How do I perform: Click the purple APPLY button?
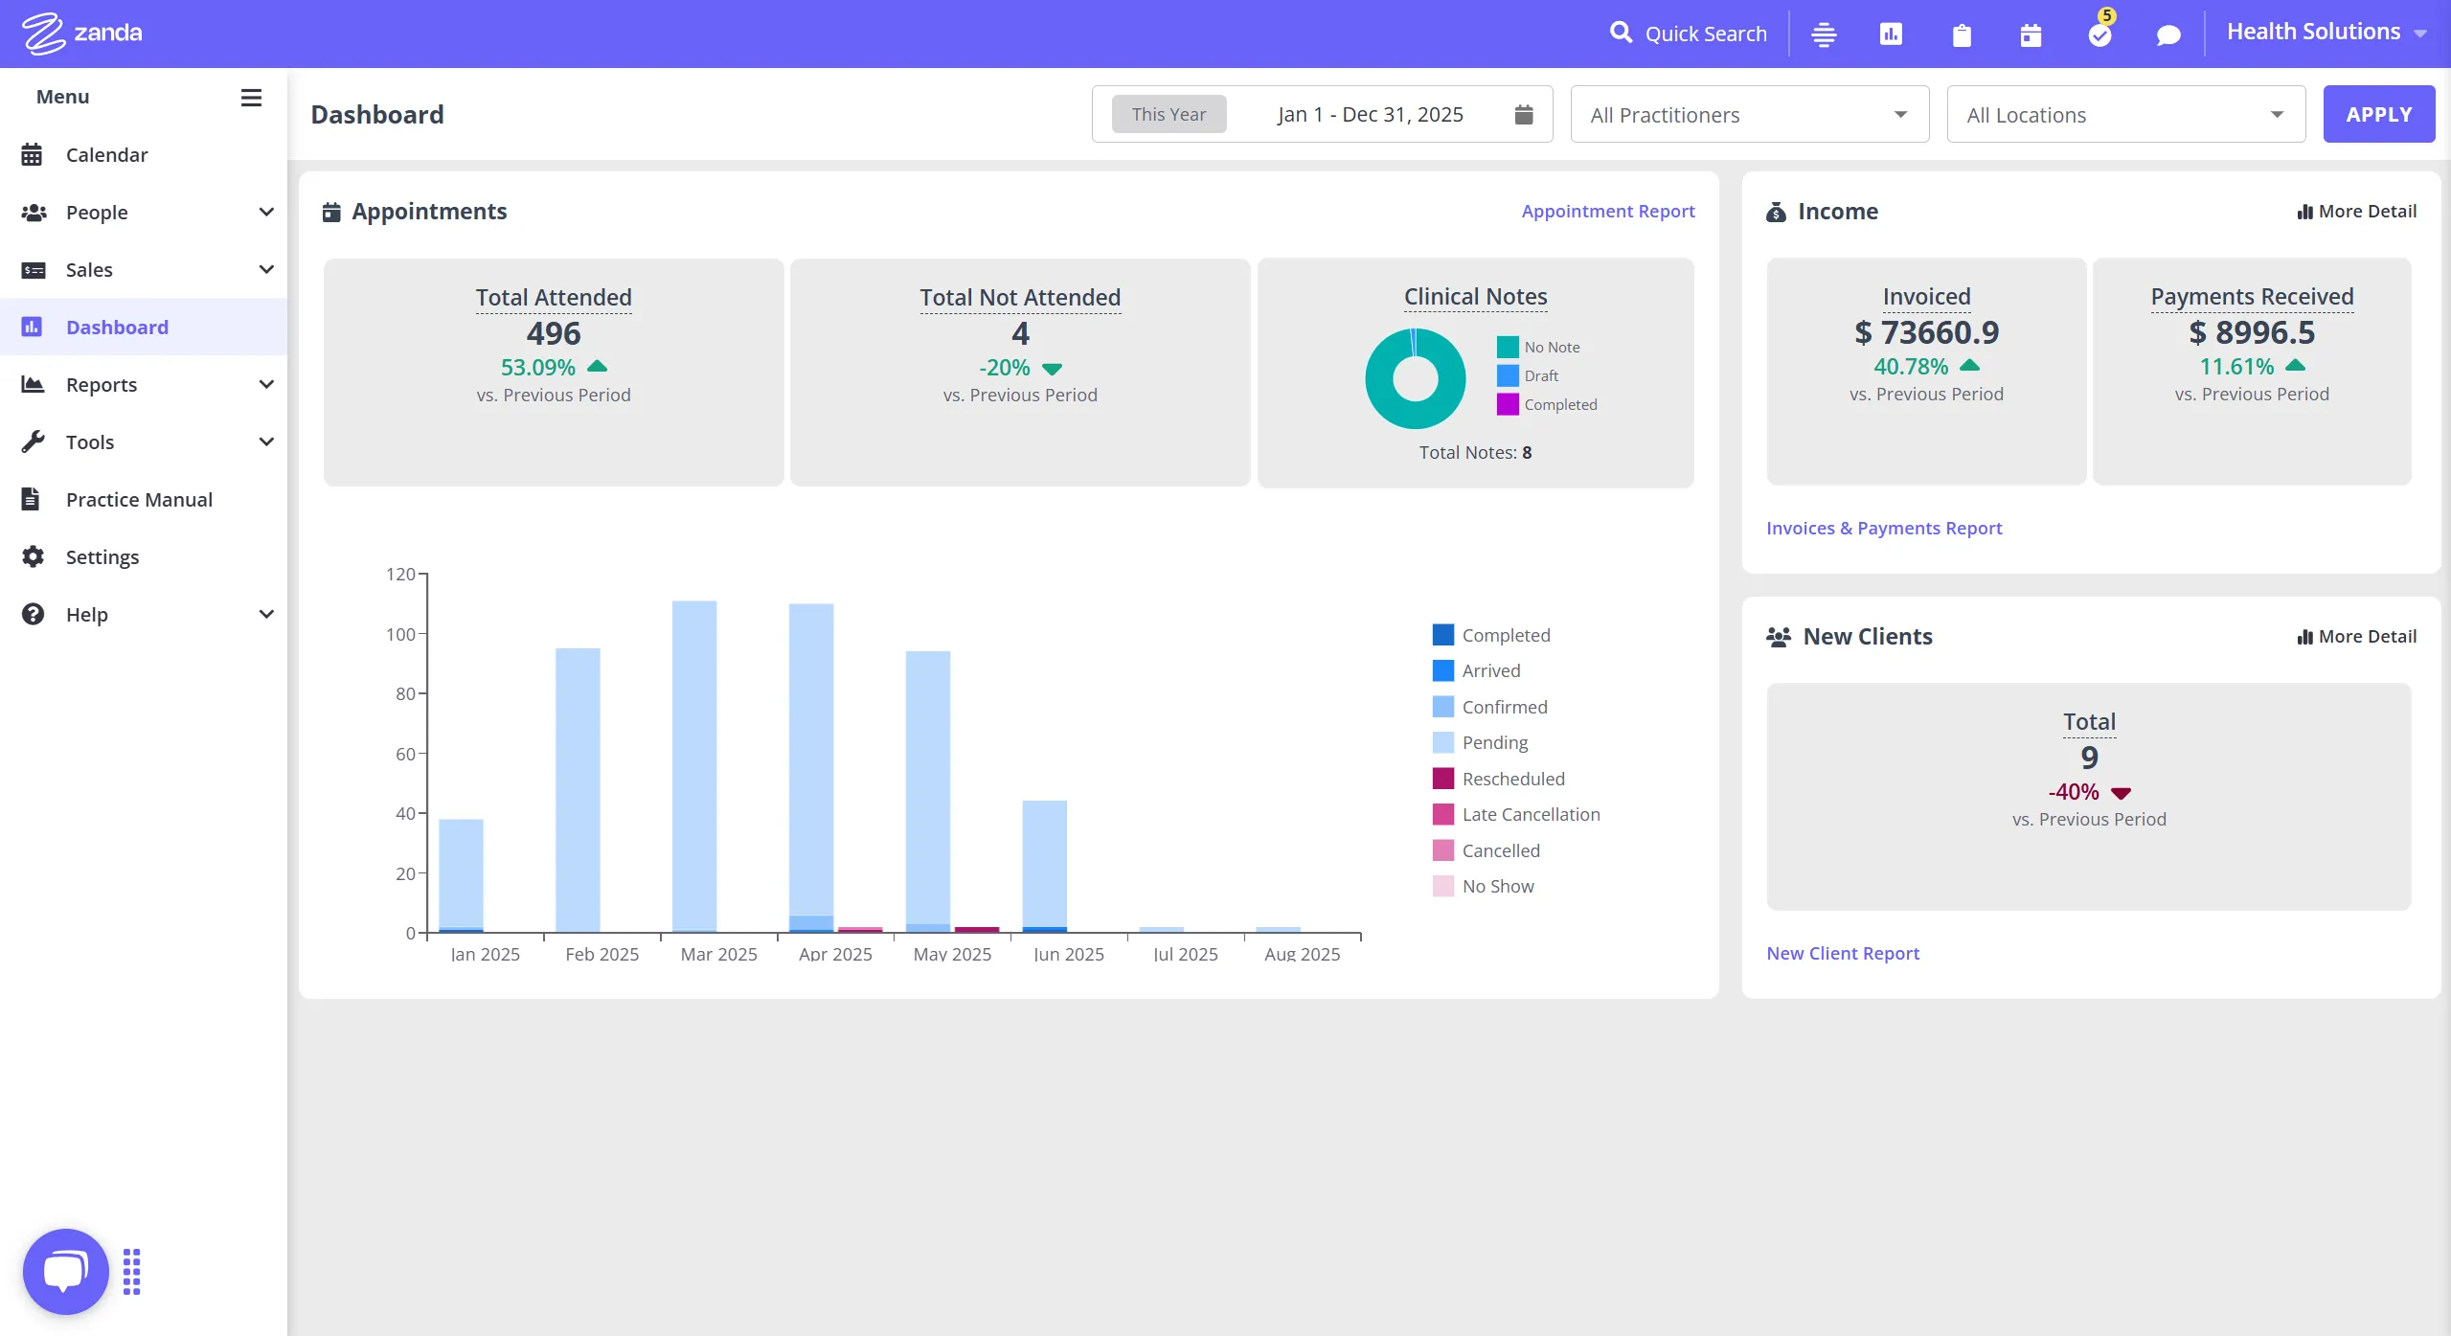[2378, 114]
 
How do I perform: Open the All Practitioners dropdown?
[1749, 115]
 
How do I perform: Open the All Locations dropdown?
[2125, 115]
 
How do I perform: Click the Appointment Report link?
[1607, 211]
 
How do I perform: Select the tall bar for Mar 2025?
[693, 766]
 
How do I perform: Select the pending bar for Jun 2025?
[1044, 862]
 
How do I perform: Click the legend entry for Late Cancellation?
[1530, 814]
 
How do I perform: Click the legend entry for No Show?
[1497, 886]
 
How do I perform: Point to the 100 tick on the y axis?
[401, 634]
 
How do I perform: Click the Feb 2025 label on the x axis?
[601, 954]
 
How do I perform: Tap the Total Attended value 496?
[554, 333]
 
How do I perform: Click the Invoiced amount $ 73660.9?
[1926, 332]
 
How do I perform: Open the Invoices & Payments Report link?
[1883, 528]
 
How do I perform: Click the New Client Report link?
[1842, 953]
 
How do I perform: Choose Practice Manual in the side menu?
[139, 499]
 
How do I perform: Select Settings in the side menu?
[102, 556]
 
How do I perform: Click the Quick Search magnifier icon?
[1620, 33]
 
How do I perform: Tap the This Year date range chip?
[1168, 114]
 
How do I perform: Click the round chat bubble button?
[65, 1271]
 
